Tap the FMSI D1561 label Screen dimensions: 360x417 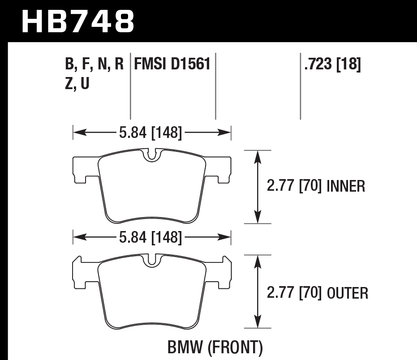[x=172, y=65]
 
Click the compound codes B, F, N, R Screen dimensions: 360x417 [x=95, y=65]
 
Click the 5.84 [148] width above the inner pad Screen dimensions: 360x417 [x=151, y=132]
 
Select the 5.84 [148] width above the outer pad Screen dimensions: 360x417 [x=151, y=237]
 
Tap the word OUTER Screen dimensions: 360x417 [x=348, y=293]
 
